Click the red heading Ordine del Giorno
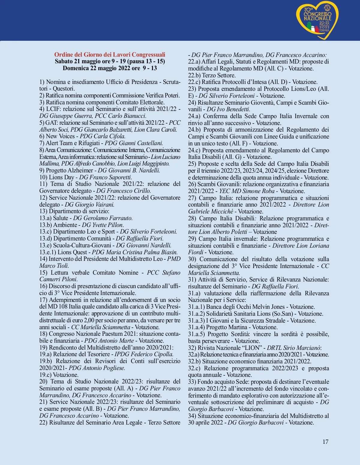point(109,55)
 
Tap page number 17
point(325,442)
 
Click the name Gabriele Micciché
point(211,211)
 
